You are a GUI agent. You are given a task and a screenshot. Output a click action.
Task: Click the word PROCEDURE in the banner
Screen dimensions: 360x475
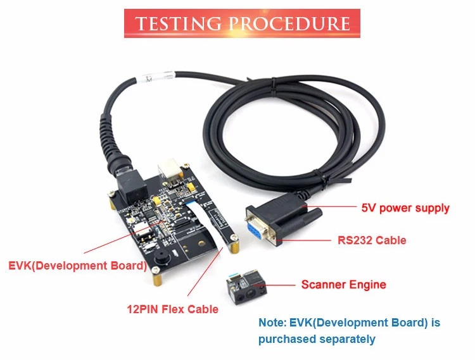pyautogui.click(x=289, y=24)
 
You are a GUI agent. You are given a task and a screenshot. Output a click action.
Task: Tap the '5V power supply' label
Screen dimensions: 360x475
pyautogui.click(x=405, y=208)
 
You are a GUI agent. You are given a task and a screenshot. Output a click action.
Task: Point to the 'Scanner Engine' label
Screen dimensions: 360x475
pyautogui.click(x=343, y=285)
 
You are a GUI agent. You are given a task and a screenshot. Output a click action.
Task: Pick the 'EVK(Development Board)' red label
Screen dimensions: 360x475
pyautogui.click(x=77, y=264)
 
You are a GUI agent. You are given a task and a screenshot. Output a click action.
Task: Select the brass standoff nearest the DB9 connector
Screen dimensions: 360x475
pyautogui.click(x=234, y=242)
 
